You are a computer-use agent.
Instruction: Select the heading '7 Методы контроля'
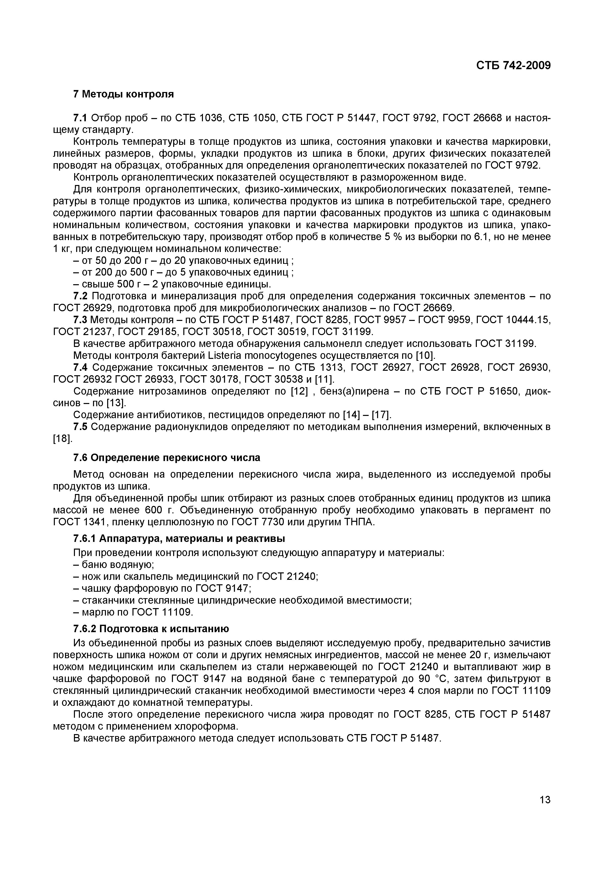click(123, 94)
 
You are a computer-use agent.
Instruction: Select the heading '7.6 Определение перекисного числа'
click(167, 458)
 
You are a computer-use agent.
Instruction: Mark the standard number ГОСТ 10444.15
click(513, 320)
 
